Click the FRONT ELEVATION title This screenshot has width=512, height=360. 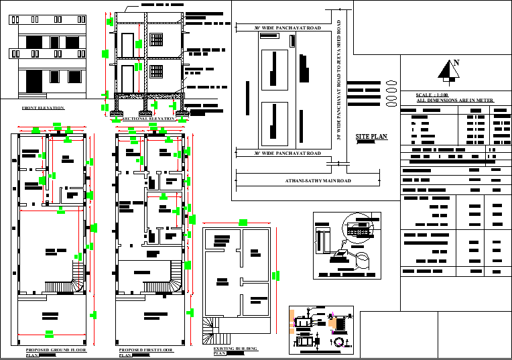(x=43, y=107)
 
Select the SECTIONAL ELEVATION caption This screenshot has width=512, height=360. (x=148, y=119)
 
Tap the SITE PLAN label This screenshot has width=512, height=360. (x=371, y=137)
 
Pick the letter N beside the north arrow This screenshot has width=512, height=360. (x=456, y=64)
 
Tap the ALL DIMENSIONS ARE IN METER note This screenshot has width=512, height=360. (x=455, y=101)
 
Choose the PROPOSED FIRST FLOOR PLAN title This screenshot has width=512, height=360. (x=145, y=351)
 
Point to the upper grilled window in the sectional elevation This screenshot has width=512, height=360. (x=157, y=39)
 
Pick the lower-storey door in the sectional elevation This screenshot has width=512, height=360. (x=127, y=76)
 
